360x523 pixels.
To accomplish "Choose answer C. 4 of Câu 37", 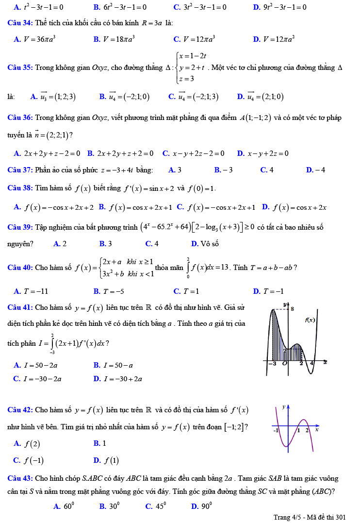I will [x=267, y=170].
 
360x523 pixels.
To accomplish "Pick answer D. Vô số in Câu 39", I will [x=205, y=244].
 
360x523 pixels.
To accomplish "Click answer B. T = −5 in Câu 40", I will [x=109, y=291].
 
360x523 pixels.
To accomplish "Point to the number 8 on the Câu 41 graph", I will [x=292, y=308].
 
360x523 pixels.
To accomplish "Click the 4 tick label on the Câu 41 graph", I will [x=311, y=364].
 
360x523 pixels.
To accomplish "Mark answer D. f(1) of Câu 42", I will [x=106, y=460].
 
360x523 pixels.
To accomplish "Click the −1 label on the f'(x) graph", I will [x=276, y=430].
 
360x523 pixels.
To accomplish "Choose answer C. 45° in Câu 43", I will [x=155, y=506].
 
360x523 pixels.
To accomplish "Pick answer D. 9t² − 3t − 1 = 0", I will [x=279, y=7].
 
